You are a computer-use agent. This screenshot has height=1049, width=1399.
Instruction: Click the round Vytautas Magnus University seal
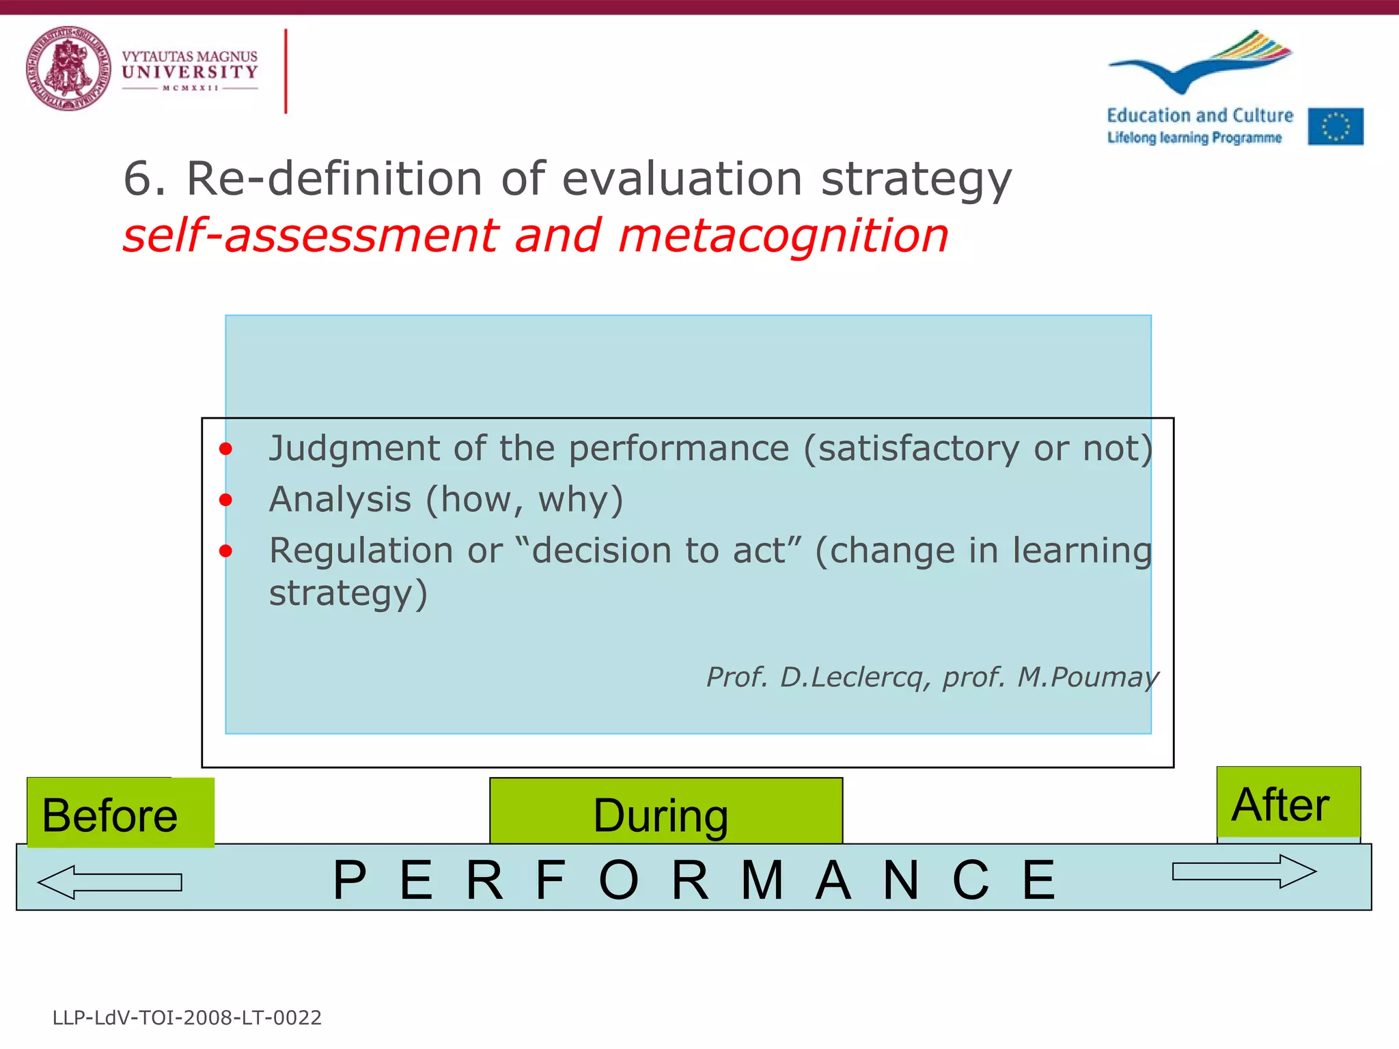point(68,68)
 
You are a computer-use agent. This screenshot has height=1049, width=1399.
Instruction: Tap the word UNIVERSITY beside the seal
point(190,72)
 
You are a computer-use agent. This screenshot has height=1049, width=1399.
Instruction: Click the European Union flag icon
point(1335,126)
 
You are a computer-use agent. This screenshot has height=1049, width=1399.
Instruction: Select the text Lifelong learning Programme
point(1194,137)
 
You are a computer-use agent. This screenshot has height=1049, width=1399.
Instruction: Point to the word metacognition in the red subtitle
point(783,236)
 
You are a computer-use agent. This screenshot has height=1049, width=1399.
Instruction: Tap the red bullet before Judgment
point(226,449)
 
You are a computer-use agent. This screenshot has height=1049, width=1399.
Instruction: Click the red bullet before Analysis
point(226,501)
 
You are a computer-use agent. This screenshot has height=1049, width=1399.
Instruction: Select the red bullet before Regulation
point(226,551)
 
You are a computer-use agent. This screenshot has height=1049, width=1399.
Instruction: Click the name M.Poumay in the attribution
point(1088,677)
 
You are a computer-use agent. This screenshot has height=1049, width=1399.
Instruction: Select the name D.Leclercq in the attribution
point(852,677)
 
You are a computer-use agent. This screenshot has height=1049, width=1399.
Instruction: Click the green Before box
point(120,813)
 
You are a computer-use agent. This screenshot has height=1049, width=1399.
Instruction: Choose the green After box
point(1288,803)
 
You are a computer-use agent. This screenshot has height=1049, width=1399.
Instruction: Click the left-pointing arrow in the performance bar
point(109,882)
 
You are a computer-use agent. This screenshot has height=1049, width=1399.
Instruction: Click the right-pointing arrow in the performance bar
point(1244,871)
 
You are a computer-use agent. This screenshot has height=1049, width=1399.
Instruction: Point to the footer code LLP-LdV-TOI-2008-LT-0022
point(187,1018)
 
